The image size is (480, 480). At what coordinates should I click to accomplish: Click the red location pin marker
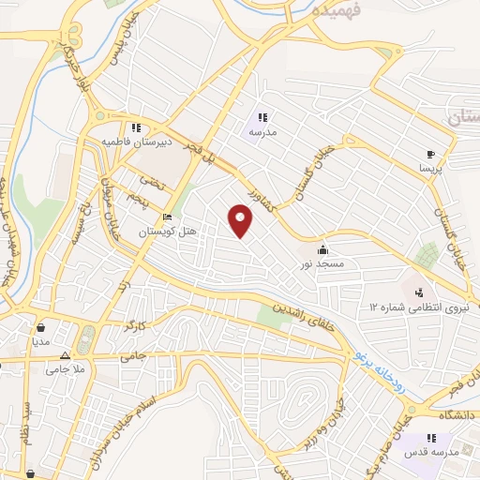[242, 221]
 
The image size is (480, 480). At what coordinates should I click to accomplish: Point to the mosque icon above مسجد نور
[323, 249]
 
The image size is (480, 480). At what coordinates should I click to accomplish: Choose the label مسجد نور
[324, 264]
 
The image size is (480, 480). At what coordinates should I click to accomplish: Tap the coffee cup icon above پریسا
[430, 154]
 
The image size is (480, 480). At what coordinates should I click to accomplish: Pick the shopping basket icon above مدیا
[42, 328]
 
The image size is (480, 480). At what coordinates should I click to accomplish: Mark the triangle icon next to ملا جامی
[65, 355]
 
